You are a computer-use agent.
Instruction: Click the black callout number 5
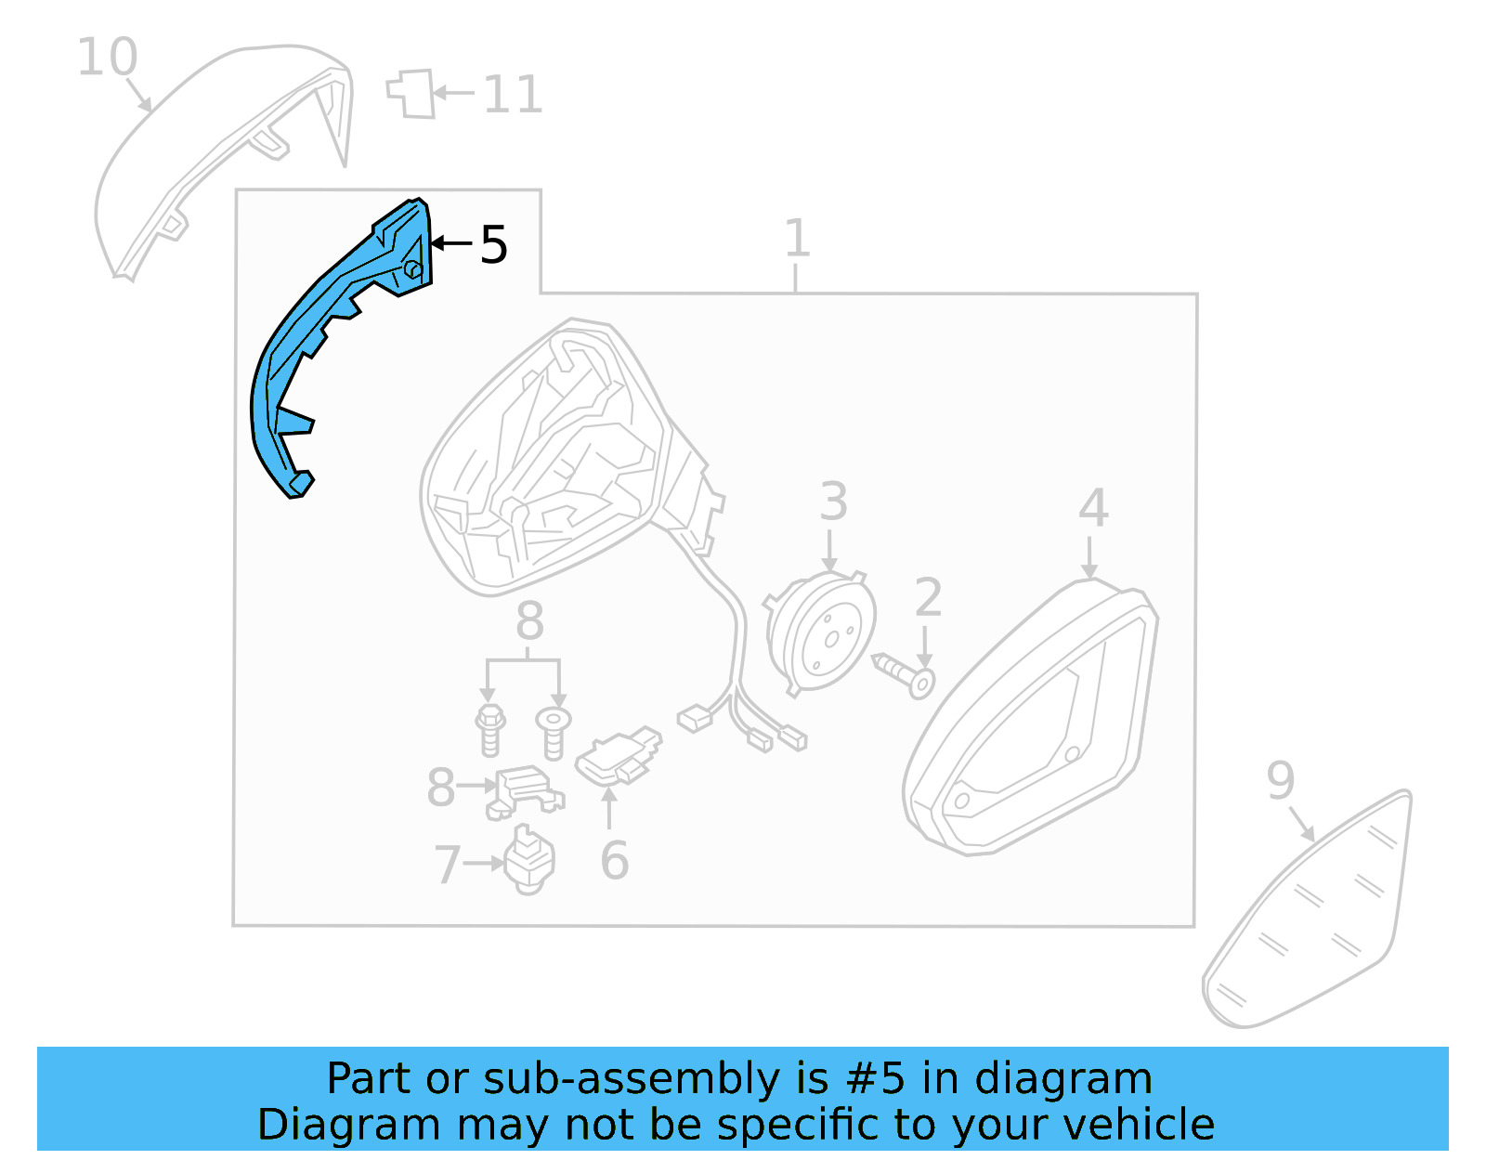pyautogui.click(x=493, y=245)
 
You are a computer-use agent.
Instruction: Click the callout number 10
pyautogui.click(x=107, y=58)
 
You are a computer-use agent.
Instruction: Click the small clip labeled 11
pyautogui.click(x=411, y=94)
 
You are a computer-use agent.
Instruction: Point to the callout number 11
pyautogui.click(x=513, y=95)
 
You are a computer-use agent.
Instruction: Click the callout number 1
pyautogui.click(x=797, y=239)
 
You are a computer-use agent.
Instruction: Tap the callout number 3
pyautogui.click(x=833, y=502)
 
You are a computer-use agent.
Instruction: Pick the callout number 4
pyautogui.click(x=1093, y=508)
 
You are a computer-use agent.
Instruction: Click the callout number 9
pyautogui.click(x=1280, y=781)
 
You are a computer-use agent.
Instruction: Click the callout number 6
pyautogui.click(x=614, y=861)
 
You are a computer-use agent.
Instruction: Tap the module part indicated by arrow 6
pyautogui.click(x=618, y=755)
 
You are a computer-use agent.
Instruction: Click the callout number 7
pyautogui.click(x=447, y=865)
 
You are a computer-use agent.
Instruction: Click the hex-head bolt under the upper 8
pyautogui.click(x=489, y=728)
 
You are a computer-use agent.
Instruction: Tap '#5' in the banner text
pyautogui.click(x=875, y=1079)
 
